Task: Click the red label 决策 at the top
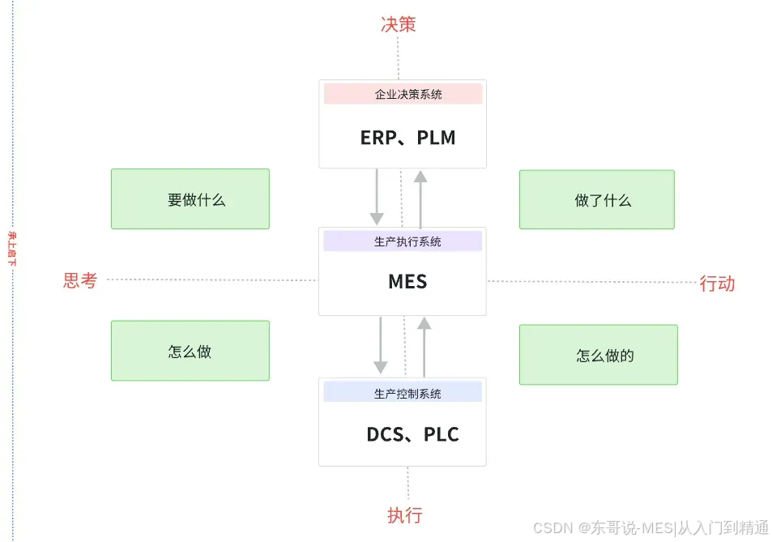399,24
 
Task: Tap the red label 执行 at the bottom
404,515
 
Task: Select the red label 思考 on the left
80,280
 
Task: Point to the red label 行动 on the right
717,283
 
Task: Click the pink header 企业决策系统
403,94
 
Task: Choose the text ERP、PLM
407,138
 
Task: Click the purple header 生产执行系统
403,241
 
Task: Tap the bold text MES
407,281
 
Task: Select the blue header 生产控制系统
403,393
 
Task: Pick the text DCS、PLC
412,434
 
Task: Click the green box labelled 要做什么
190,199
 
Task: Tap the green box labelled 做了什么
597,200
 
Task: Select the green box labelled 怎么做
190,351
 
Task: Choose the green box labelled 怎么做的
599,355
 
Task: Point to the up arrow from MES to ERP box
420,198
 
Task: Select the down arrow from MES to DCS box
380,345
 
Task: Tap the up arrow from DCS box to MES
424,347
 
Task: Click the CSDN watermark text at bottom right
650,527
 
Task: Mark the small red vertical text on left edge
11,248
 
